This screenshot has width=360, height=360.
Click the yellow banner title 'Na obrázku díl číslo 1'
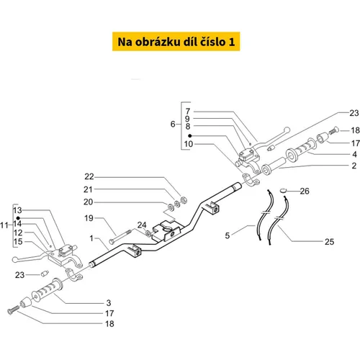point(176,42)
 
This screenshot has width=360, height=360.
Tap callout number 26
point(305,191)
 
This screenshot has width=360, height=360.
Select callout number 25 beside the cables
point(329,242)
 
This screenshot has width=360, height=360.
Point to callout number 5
point(228,235)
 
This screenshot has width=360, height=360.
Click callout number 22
point(89,176)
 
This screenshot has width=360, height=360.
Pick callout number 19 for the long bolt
point(89,218)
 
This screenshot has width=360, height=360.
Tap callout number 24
point(142,225)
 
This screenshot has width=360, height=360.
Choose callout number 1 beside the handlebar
point(91,238)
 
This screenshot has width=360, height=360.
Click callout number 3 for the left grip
point(109,303)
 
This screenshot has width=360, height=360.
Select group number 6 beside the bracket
point(173,124)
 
